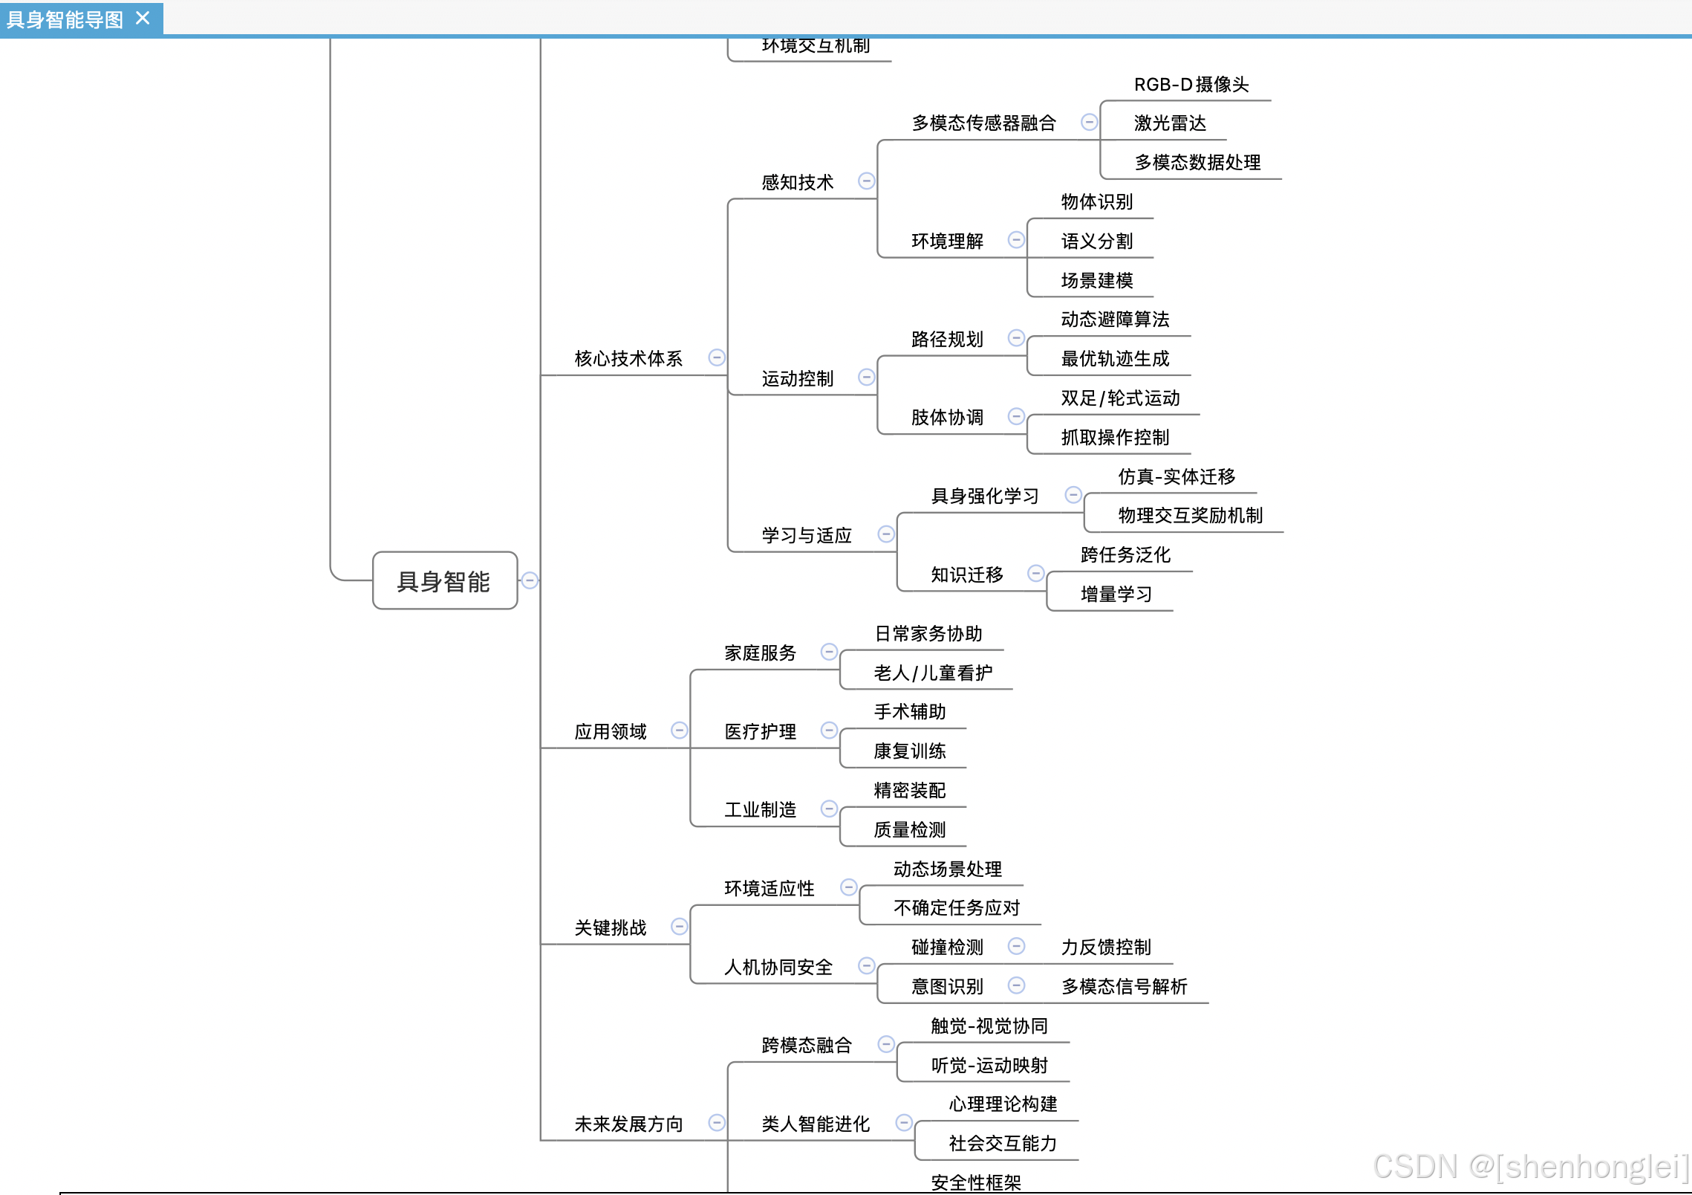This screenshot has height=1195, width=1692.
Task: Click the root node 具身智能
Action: point(444,580)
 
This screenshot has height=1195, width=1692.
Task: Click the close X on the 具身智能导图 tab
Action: point(143,18)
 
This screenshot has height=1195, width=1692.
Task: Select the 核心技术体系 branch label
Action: point(628,359)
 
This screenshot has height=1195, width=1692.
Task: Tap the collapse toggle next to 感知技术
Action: point(866,181)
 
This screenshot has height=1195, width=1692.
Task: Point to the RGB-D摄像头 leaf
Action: point(1191,85)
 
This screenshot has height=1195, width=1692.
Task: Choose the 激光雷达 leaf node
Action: point(1170,123)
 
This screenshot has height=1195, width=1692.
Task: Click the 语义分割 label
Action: point(1096,242)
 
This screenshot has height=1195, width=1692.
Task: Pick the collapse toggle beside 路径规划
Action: point(1016,338)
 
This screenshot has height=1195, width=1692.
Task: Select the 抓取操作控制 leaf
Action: point(1114,438)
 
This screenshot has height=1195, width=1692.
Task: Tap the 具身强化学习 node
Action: point(984,496)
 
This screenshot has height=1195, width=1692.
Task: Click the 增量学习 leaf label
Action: point(1116,595)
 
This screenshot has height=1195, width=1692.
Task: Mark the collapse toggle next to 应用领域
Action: point(679,731)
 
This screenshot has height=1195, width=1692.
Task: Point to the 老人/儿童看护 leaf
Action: point(933,673)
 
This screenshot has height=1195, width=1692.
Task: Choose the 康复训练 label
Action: point(909,751)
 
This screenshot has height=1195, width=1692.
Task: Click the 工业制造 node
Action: point(760,810)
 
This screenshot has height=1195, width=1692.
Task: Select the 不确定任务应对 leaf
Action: point(956,908)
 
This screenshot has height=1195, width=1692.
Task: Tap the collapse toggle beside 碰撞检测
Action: point(1016,946)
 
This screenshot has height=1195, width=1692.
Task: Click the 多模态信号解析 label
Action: point(1124,987)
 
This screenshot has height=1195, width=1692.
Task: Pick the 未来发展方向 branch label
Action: point(628,1124)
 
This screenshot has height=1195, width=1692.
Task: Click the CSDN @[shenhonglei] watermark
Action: point(1530,1167)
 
